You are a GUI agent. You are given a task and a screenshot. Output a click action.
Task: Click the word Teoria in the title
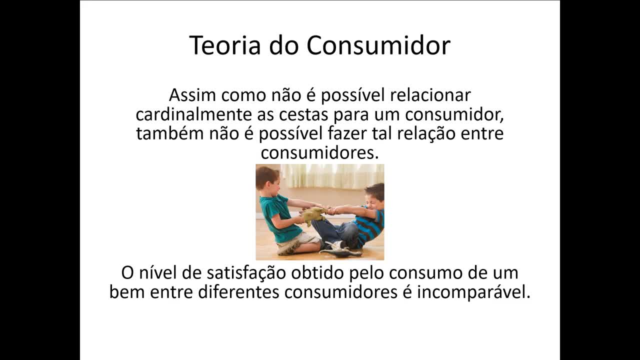(225, 45)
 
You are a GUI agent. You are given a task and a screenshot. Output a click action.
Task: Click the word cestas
(289, 114)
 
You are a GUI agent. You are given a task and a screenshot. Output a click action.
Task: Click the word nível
(156, 273)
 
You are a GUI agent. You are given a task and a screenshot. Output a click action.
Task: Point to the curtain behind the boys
(330, 176)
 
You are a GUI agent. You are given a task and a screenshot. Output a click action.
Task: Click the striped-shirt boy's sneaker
(334, 245)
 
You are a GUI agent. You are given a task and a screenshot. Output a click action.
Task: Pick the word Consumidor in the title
(378, 45)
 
